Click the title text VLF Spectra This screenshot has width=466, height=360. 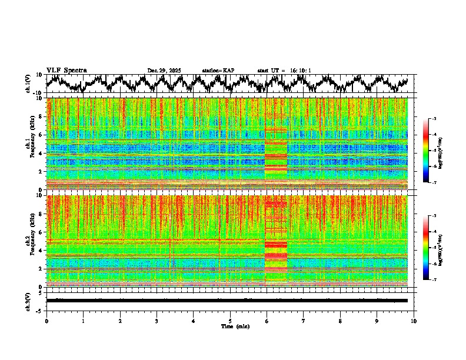tap(66, 71)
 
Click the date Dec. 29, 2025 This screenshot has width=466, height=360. tap(164, 71)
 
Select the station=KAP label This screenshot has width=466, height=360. tap(218, 71)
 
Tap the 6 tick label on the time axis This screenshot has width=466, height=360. tap(267, 321)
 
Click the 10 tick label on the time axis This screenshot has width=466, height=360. tap(414, 321)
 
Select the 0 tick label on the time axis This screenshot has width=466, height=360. tap(46, 321)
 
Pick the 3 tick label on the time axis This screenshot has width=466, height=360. tap(157, 321)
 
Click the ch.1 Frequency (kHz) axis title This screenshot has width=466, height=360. tap(31, 144)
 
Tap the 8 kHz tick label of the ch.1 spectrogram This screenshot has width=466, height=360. tap(41, 116)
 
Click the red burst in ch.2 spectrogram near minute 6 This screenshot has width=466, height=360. tap(276, 244)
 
